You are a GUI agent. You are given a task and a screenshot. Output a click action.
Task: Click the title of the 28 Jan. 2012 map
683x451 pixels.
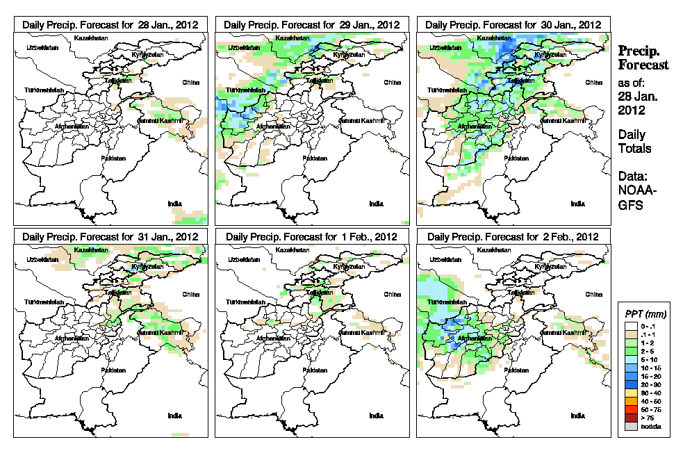(x=110, y=24)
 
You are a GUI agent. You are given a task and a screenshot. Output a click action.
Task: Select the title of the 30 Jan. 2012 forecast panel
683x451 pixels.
(x=513, y=24)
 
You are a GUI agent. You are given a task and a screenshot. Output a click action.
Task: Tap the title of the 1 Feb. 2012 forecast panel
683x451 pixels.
(x=312, y=236)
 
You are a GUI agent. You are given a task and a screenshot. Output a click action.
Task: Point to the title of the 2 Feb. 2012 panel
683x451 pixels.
(x=513, y=236)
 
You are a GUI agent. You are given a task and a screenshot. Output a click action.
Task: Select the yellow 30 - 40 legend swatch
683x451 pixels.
(x=629, y=392)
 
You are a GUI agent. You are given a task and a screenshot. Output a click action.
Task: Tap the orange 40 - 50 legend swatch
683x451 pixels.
(x=629, y=401)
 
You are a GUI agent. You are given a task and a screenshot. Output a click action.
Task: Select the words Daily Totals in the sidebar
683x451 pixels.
(x=634, y=141)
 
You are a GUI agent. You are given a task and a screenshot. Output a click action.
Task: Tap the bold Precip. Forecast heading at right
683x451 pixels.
(x=643, y=58)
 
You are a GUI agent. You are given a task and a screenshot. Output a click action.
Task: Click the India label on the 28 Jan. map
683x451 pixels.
(x=174, y=204)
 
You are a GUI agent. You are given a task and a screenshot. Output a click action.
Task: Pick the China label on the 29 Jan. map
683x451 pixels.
(x=392, y=82)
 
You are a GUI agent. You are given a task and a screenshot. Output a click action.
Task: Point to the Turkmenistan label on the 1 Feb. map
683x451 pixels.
(x=245, y=302)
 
